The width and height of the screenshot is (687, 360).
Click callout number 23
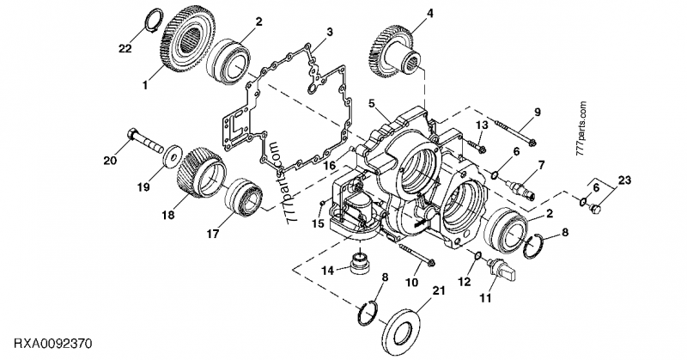[x=624, y=180]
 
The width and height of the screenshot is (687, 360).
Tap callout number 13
[x=482, y=126]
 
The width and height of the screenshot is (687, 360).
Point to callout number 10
[x=412, y=282]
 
